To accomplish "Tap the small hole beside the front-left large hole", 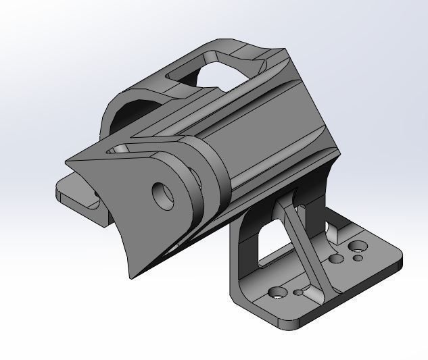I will point(299,293).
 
